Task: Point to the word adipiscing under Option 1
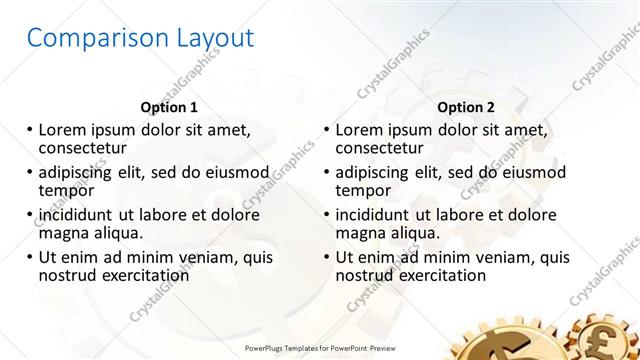[x=81, y=172]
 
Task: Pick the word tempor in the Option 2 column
[x=362, y=190]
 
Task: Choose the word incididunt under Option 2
[x=380, y=214]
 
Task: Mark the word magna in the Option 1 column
[x=63, y=232]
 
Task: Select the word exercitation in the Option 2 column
[x=441, y=275]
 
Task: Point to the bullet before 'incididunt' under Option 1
[x=30, y=215]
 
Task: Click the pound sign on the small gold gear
[x=609, y=334]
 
